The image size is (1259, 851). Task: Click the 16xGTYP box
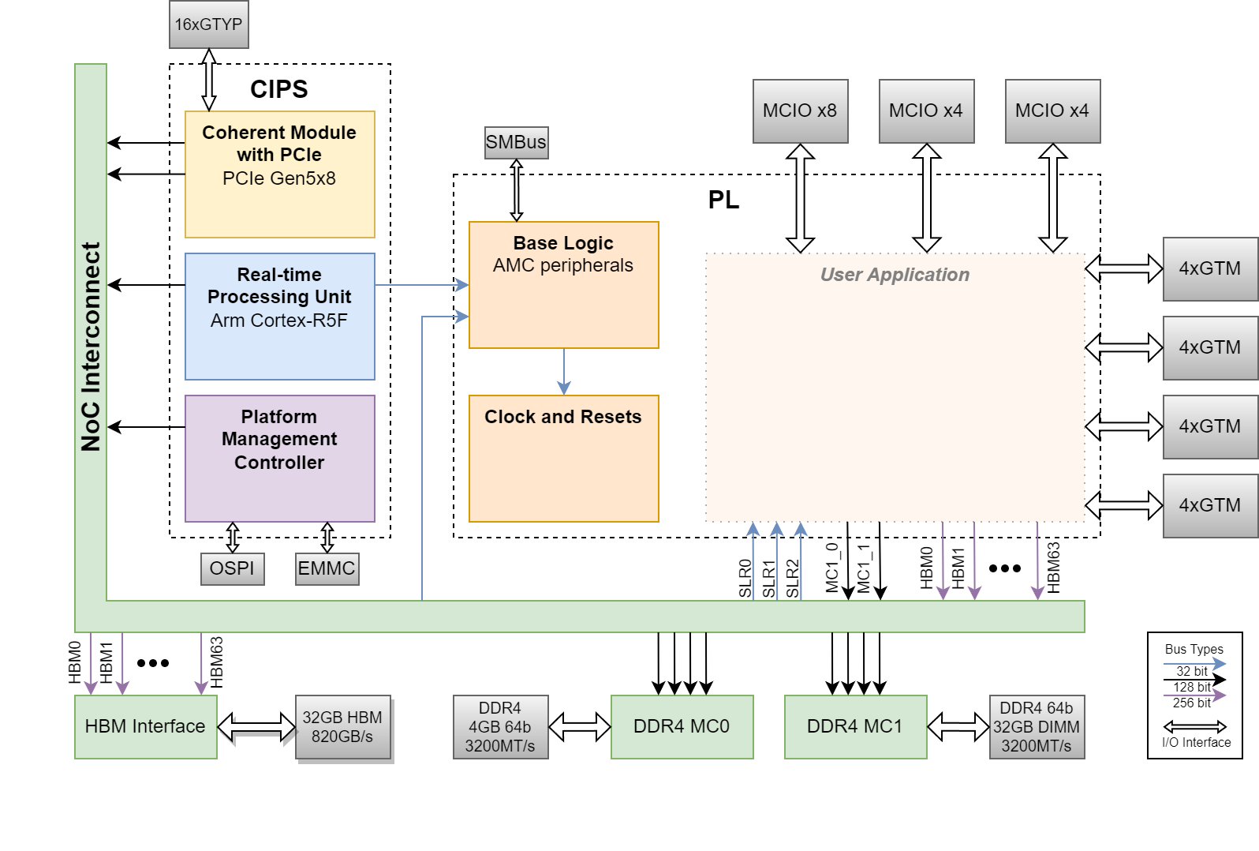point(209,24)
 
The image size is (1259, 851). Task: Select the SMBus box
point(516,143)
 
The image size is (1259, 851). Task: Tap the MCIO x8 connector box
point(800,111)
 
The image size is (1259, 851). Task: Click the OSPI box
point(232,568)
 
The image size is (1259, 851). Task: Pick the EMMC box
point(327,568)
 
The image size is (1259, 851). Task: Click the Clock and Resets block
point(563,458)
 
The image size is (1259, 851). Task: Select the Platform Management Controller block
point(279,458)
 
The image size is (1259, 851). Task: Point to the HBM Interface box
point(145,726)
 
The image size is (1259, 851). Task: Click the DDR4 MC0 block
point(682,726)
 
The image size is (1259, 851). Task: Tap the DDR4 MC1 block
point(855,726)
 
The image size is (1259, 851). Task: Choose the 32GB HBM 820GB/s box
point(342,727)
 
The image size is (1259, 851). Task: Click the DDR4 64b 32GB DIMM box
point(1037,727)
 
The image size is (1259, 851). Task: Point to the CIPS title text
point(279,89)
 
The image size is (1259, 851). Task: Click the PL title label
point(723,201)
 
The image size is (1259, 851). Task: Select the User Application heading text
point(895,275)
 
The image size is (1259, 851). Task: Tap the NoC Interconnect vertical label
point(92,347)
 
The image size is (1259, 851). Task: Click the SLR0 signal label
point(745,578)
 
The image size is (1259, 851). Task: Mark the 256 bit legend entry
point(1193,702)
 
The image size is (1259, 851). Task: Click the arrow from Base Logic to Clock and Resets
point(563,371)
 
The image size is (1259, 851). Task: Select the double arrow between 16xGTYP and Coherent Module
point(209,80)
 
